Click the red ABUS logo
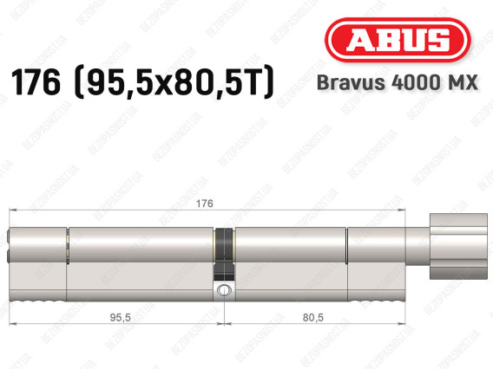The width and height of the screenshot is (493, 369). point(398,40)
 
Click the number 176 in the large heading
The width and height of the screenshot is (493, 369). point(36,82)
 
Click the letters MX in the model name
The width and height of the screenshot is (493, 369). point(462,83)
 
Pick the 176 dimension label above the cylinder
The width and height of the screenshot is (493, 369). point(204,204)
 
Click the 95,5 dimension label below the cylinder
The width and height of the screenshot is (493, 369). point(120,318)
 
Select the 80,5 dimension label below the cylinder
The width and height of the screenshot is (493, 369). point(312,318)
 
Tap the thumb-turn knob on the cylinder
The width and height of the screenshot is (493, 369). point(458,246)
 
